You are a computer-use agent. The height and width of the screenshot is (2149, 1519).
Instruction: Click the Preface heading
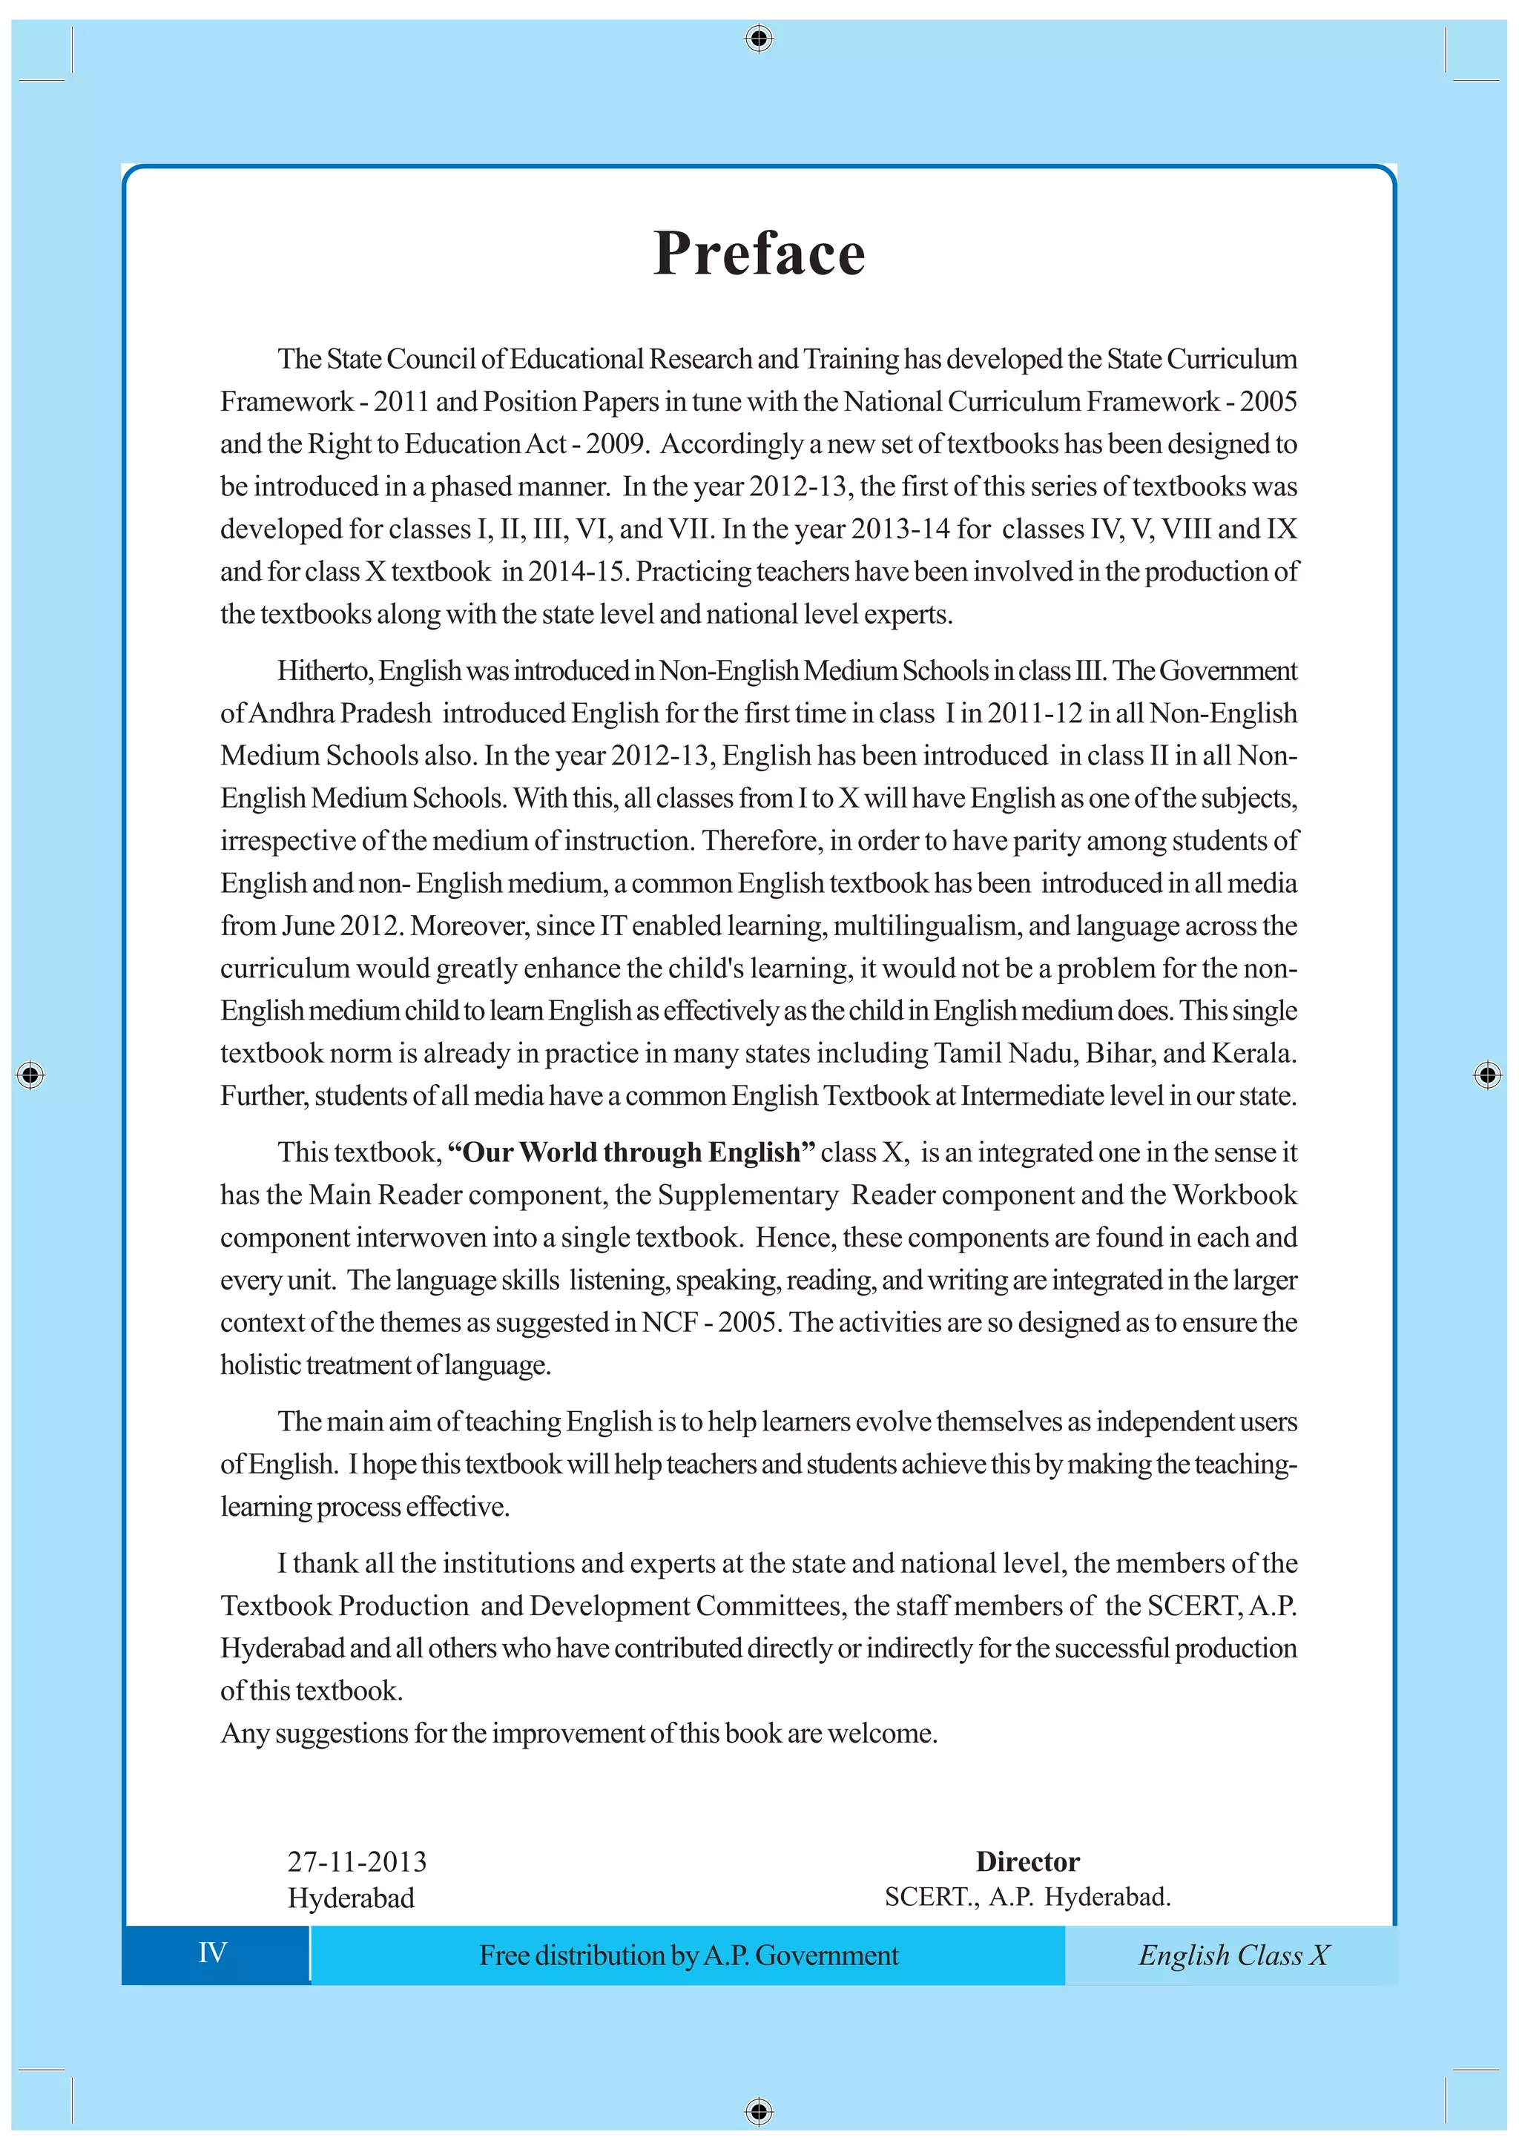(x=759, y=254)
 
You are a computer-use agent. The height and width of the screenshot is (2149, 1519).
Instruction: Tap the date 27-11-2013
(x=357, y=1862)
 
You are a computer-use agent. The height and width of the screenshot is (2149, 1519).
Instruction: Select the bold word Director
(x=1027, y=1862)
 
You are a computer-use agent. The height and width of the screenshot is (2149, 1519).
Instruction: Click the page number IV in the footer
(x=212, y=1952)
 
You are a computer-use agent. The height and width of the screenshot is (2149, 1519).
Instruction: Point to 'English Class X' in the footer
(x=1233, y=1955)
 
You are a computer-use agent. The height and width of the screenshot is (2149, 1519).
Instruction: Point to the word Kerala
(x=1253, y=1054)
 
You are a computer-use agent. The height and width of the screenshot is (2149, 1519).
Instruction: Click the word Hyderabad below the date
(x=351, y=1898)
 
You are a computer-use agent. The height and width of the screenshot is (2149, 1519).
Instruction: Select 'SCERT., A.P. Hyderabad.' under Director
(x=1027, y=1897)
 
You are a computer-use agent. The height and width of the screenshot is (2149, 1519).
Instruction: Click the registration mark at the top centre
(x=759, y=39)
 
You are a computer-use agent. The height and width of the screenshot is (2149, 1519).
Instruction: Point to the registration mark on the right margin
(x=1487, y=1074)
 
